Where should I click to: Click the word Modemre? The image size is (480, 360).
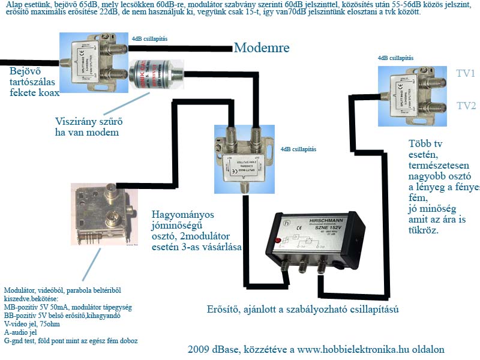262,48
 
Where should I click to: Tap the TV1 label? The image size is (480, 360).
466,74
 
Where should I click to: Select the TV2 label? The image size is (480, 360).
466,106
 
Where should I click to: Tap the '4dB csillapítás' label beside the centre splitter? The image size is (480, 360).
298,149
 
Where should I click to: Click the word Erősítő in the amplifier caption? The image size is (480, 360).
221,310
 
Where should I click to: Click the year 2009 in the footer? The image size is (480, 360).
199,349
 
